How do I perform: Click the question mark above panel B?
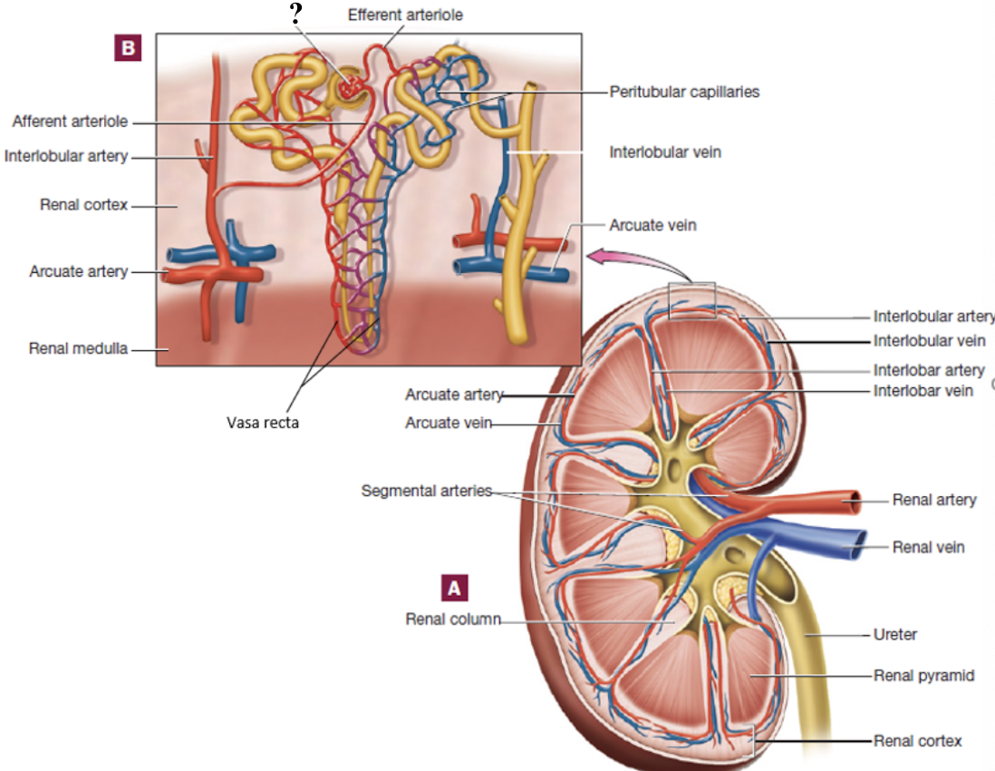(295, 14)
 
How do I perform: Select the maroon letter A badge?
(454, 588)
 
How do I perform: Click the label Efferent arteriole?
(405, 15)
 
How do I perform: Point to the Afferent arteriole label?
(70, 121)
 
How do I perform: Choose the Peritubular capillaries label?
(684, 92)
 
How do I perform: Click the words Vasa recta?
(263, 422)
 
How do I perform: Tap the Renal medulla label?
(78, 347)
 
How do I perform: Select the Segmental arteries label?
(426, 491)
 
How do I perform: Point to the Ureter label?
(894, 634)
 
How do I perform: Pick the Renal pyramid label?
(924, 676)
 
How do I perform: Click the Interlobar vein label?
(923, 390)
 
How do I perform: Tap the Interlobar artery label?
(929, 370)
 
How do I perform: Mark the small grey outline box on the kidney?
(691, 300)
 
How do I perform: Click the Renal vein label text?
(928, 547)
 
